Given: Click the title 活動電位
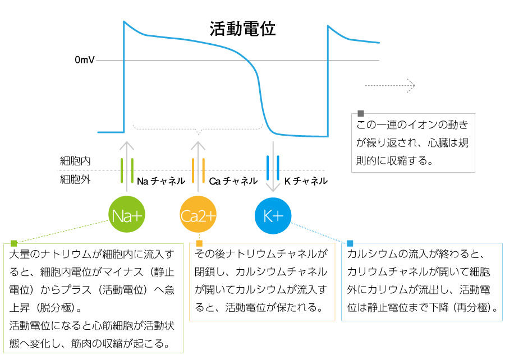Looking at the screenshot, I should tap(242, 30).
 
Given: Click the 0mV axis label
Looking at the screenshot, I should tap(84, 60).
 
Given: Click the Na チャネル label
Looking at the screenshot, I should tap(161, 181).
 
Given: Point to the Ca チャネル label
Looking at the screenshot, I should tap(233, 181).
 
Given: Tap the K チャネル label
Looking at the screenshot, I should tap(306, 181).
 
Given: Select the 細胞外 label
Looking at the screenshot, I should tap(75, 180).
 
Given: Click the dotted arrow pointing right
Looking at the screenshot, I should tap(389, 85).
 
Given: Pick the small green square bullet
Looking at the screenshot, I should tap(14, 243).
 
